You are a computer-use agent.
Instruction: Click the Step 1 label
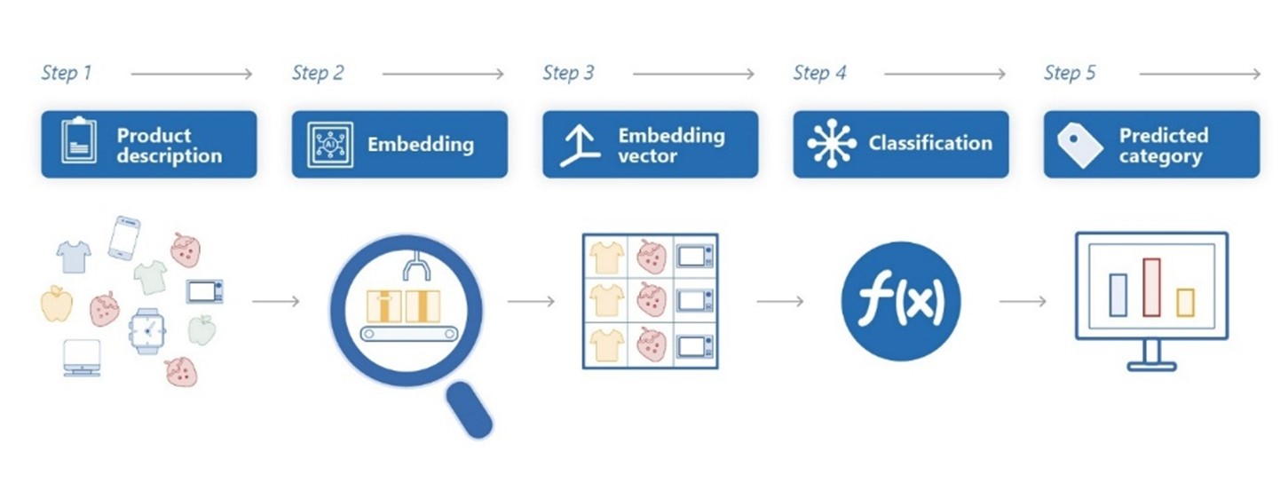pyautogui.click(x=67, y=73)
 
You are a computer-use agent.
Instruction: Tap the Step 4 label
pyautogui.click(x=819, y=73)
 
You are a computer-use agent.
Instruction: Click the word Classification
pyautogui.click(x=930, y=144)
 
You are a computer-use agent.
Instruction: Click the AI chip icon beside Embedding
pyautogui.click(x=329, y=144)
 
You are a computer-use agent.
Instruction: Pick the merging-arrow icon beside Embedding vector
pyautogui.click(x=579, y=145)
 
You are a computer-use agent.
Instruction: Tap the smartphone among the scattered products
pyautogui.click(x=123, y=237)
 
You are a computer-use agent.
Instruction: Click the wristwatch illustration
pyautogui.click(x=147, y=330)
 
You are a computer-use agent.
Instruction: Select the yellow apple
pyautogui.click(x=57, y=303)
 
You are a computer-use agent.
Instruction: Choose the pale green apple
pyautogui.click(x=202, y=329)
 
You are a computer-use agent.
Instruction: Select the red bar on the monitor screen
pyautogui.click(x=1151, y=287)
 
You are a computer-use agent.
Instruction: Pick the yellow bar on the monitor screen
pyautogui.click(x=1185, y=302)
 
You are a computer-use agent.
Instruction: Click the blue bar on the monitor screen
pyautogui.click(x=1118, y=295)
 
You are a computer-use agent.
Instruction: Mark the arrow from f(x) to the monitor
pyautogui.click(x=1023, y=302)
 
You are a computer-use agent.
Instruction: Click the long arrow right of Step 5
pyautogui.click(x=1199, y=75)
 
